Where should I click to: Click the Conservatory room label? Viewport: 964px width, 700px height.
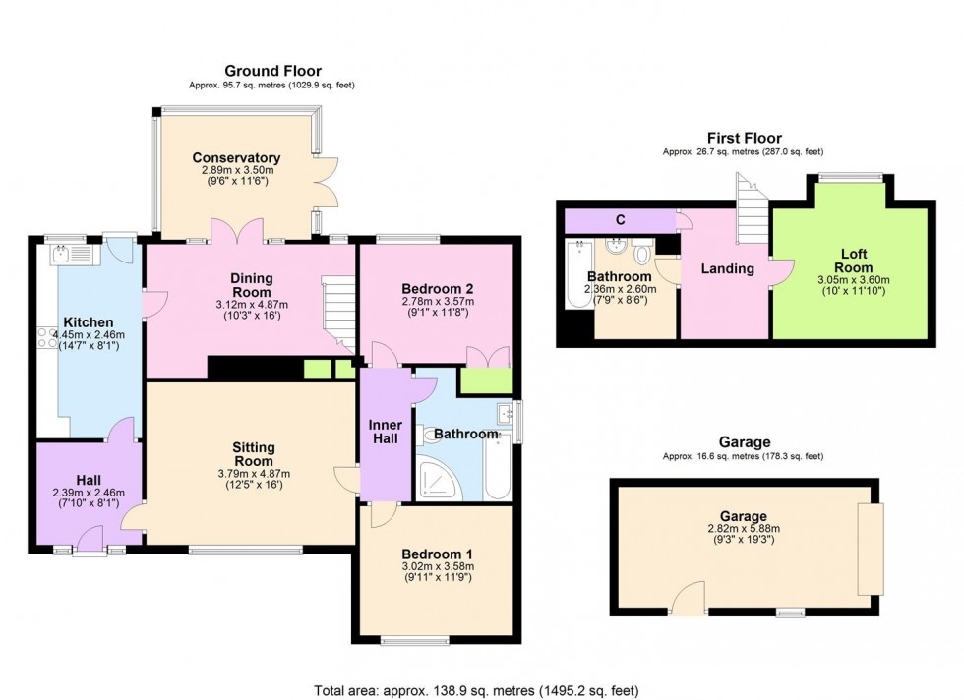coord(236,158)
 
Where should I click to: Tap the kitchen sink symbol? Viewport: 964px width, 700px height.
coord(72,255)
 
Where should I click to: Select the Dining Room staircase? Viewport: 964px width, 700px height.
coord(338,314)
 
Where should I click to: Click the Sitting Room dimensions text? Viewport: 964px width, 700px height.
coord(254,479)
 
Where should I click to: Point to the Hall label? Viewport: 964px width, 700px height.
coord(89,480)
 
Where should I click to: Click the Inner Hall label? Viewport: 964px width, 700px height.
coord(386,432)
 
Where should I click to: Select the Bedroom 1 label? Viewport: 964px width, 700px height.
coord(437,554)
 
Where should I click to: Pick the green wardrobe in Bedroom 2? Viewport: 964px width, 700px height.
coord(486,380)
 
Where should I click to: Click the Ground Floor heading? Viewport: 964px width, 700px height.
coord(273,71)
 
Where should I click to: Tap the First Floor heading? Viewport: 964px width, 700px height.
coord(744,138)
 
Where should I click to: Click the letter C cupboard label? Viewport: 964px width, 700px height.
coord(621,220)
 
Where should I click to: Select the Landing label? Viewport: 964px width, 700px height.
coord(727,268)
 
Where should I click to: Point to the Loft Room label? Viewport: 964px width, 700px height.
coord(854,261)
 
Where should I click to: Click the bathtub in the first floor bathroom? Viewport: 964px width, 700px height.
coord(578,274)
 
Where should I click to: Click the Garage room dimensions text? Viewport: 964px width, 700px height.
coord(744,534)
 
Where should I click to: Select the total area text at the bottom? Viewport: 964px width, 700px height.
coord(476,691)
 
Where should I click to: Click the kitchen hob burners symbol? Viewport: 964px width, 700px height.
coord(47,337)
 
